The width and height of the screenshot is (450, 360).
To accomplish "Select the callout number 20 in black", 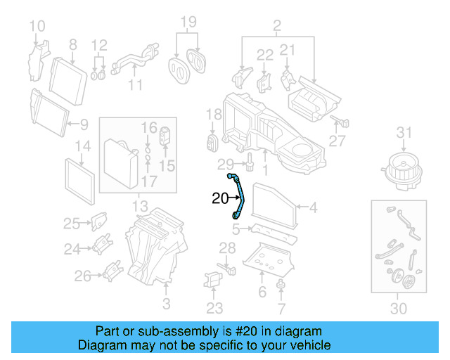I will tap(221, 199).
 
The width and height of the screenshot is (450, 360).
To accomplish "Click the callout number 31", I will tap(402, 132).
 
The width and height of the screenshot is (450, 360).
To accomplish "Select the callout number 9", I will tap(84, 125).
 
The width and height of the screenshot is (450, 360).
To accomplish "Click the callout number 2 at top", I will tap(276, 27).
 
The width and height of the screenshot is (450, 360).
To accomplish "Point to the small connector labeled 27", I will tap(343, 122).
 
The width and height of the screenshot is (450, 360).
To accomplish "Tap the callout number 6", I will tap(262, 292).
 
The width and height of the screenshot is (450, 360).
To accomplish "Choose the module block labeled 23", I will tap(213, 279).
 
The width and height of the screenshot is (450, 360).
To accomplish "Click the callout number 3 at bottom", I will tap(167, 304).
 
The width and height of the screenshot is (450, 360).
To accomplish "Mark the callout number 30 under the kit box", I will tap(398, 308).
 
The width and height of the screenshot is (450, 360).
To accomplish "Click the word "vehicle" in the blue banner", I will tap(307, 345).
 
